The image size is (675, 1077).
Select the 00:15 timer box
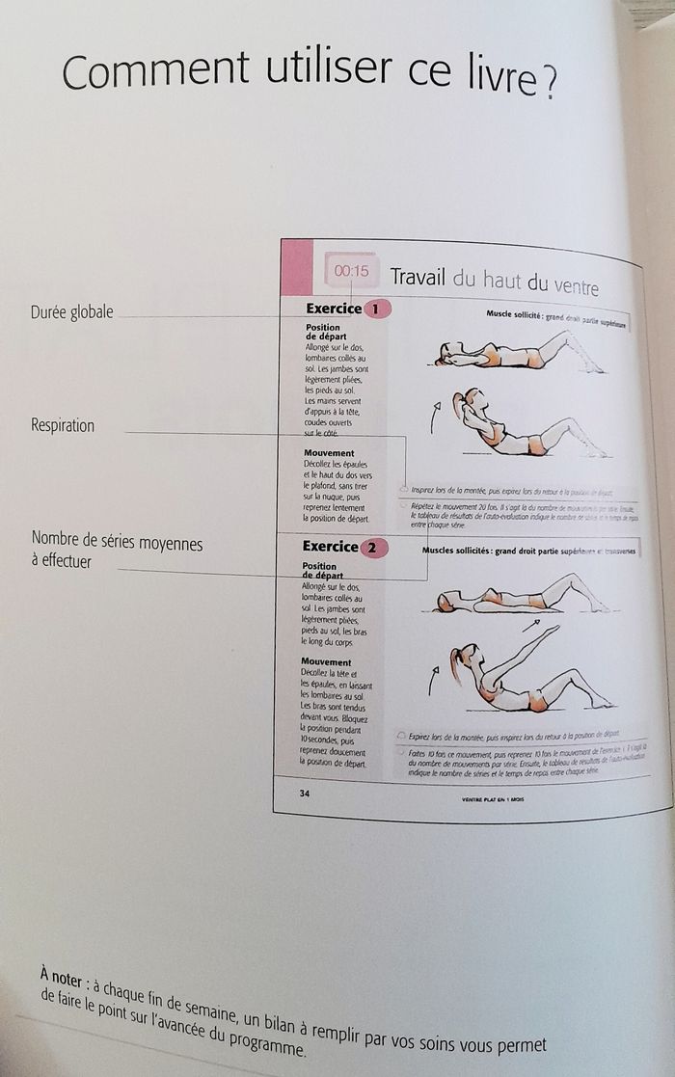pyautogui.click(x=352, y=271)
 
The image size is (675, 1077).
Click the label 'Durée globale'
pyautogui.click(x=71, y=311)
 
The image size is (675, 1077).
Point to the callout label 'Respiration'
pyautogui.click(x=63, y=425)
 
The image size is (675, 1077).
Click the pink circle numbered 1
pyautogui.click(x=377, y=310)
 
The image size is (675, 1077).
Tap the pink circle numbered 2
pyautogui.click(x=374, y=548)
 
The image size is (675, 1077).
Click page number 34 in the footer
pyautogui.click(x=305, y=793)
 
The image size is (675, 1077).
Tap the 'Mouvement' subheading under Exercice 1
pyautogui.click(x=329, y=453)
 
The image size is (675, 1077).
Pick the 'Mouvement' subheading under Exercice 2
pyautogui.click(x=325, y=662)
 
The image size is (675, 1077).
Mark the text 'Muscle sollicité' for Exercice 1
pyautogui.click(x=515, y=314)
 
